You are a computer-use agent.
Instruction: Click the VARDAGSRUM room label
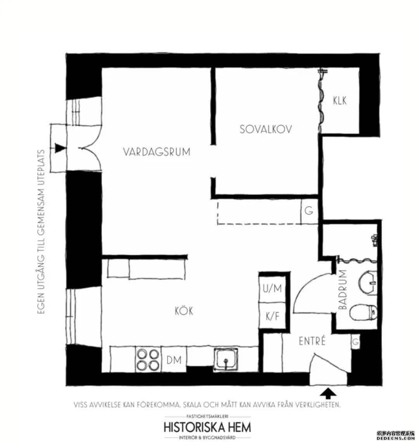(x=157, y=152)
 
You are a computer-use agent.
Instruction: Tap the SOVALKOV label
(x=266, y=129)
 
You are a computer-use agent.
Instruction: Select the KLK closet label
(x=339, y=101)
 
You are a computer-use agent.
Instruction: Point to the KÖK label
(x=184, y=311)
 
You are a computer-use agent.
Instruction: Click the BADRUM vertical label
(x=343, y=289)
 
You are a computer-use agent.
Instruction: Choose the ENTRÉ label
(x=312, y=341)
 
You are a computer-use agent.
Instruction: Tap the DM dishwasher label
(x=174, y=360)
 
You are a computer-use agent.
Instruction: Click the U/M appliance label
(x=272, y=288)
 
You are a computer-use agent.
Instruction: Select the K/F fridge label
(x=272, y=316)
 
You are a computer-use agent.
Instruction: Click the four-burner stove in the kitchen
(x=148, y=359)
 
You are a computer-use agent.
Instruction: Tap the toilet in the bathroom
(x=363, y=312)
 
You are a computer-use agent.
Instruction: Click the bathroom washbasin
(x=367, y=282)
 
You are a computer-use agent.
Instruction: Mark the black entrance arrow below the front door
(x=328, y=393)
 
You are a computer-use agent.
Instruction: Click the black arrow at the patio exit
(x=60, y=148)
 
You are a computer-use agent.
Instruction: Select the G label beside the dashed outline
(x=309, y=211)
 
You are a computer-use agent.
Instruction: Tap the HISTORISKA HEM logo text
(x=208, y=427)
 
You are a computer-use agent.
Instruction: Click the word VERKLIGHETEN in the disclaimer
(x=318, y=404)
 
